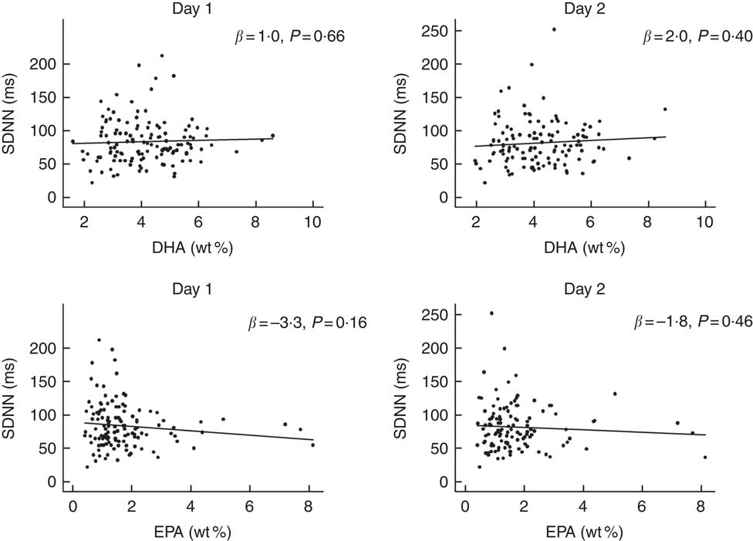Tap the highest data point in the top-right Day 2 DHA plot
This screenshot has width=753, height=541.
[554, 29]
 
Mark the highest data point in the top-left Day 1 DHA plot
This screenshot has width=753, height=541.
[161, 56]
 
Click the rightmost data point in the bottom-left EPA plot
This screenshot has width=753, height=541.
[312, 445]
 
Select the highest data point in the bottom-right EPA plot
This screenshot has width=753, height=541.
[491, 313]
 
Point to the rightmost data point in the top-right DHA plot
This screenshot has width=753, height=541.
[664, 109]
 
